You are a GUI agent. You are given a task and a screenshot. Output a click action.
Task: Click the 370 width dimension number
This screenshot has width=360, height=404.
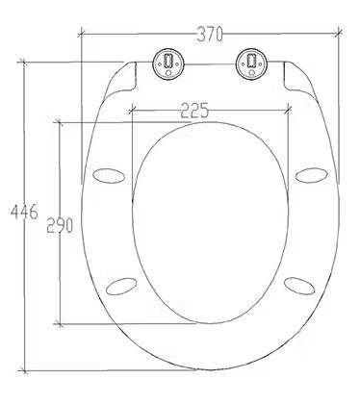click(x=210, y=34)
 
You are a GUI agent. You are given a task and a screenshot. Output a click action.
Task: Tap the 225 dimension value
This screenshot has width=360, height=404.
click(x=194, y=111)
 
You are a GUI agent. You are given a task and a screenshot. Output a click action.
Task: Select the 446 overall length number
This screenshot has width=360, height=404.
click(x=24, y=212)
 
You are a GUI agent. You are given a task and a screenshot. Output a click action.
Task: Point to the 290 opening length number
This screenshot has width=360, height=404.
click(x=60, y=225)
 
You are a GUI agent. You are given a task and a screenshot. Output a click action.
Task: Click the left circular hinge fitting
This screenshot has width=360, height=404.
click(x=168, y=63)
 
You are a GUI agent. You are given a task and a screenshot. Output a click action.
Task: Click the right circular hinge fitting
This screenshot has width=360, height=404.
click(x=251, y=63)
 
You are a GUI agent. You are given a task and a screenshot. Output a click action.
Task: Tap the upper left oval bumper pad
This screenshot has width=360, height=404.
click(x=108, y=176)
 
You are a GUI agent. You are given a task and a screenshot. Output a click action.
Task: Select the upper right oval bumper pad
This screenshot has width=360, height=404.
click(x=312, y=175)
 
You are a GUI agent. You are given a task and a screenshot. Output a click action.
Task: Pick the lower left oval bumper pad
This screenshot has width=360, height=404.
click(x=121, y=287)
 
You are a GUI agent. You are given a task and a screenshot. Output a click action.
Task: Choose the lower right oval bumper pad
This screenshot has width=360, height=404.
click(x=299, y=286)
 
